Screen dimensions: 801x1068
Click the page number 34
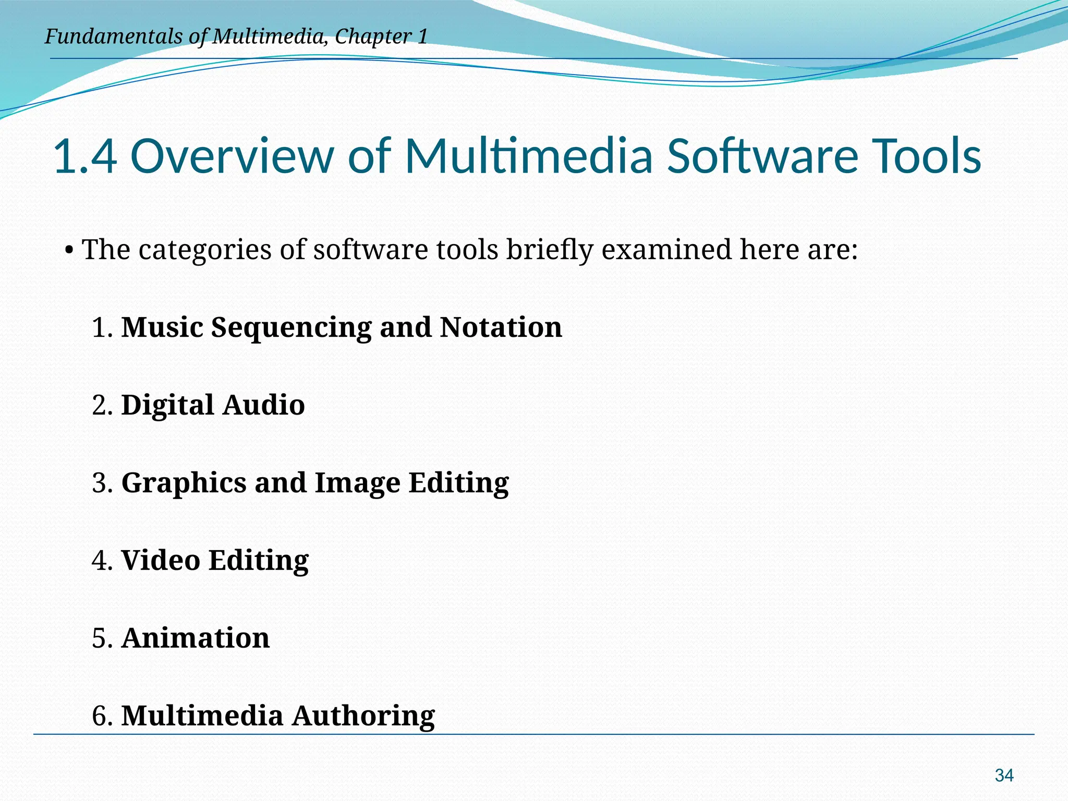coord(1004,775)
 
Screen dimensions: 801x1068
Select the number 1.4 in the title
coord(85,156)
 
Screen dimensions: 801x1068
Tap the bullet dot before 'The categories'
coord(69,250)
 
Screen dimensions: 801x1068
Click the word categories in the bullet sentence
coord(205,250)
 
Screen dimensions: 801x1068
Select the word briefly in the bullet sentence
coord(550,250)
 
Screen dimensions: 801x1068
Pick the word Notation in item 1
coord(501,327)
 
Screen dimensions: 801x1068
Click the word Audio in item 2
coord(263,405)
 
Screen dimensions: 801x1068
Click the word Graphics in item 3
coord(184,483)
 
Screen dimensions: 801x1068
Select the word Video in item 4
coord(161,561)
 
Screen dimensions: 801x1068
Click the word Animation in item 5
coord(196,638)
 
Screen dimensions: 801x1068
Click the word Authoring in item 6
coord(363,716)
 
